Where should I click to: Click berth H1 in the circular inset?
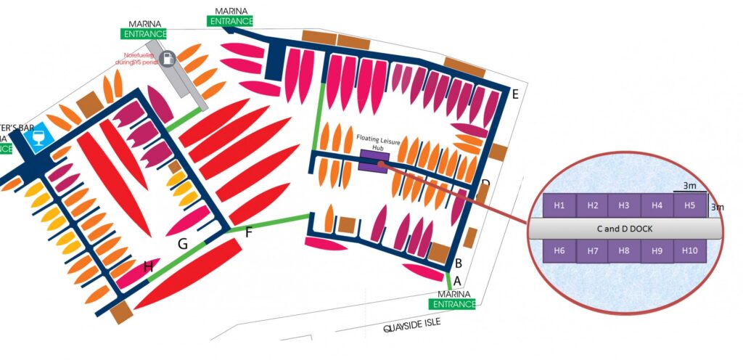pos(559,205)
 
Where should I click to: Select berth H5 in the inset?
pos(689,205)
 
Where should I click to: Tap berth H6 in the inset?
pos(559,250)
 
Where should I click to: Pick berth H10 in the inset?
pos(689,250)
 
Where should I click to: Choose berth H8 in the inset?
pos(624,251)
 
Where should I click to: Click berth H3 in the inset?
pos(624,205)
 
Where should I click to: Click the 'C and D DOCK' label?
pos(625,228)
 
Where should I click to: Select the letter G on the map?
pos(183,245)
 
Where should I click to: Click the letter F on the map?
pos(249,233)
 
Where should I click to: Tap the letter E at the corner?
pos(515,94)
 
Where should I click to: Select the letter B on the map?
pos(458,263)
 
